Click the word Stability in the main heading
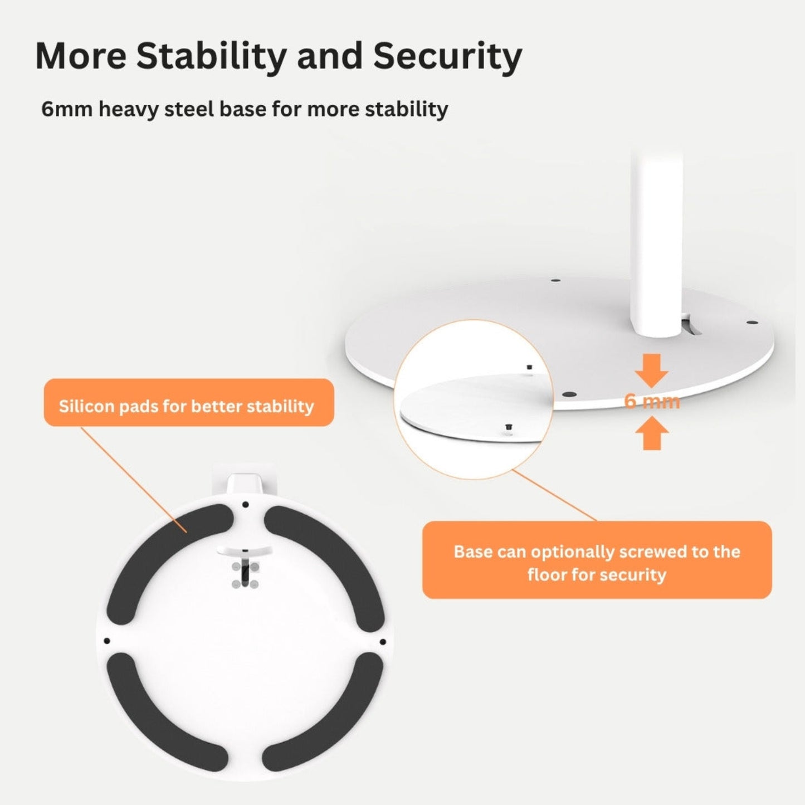[211, 56]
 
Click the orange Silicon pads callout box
[189, 402]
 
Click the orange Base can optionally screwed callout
[597, 560]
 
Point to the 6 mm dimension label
[652, 401]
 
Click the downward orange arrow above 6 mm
[652, 370]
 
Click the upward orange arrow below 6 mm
[652, 433]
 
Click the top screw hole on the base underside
[245, 505]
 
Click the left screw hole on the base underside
[107, 641]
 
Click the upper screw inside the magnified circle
[529, 367]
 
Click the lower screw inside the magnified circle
[509, 427]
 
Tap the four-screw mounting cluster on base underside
[245, 575]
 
